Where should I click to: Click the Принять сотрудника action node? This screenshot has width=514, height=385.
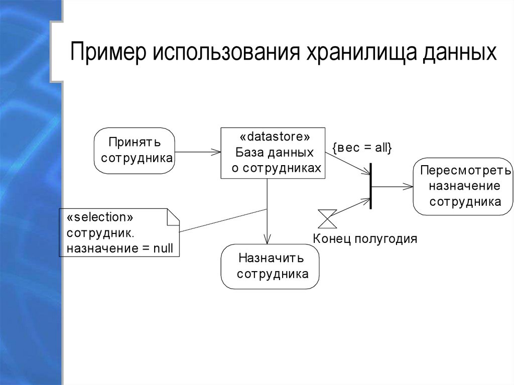(135, 151)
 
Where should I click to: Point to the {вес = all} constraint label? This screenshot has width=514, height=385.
(361, 148)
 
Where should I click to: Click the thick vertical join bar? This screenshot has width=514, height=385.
(371, 186)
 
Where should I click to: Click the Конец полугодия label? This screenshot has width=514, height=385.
(365, 238)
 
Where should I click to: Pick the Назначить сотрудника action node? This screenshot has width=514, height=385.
(271, 266)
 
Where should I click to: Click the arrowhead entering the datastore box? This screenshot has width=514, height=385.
(217, 151)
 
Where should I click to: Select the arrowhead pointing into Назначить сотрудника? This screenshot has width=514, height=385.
(268, 239)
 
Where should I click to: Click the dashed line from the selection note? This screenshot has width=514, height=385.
(223, 220)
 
